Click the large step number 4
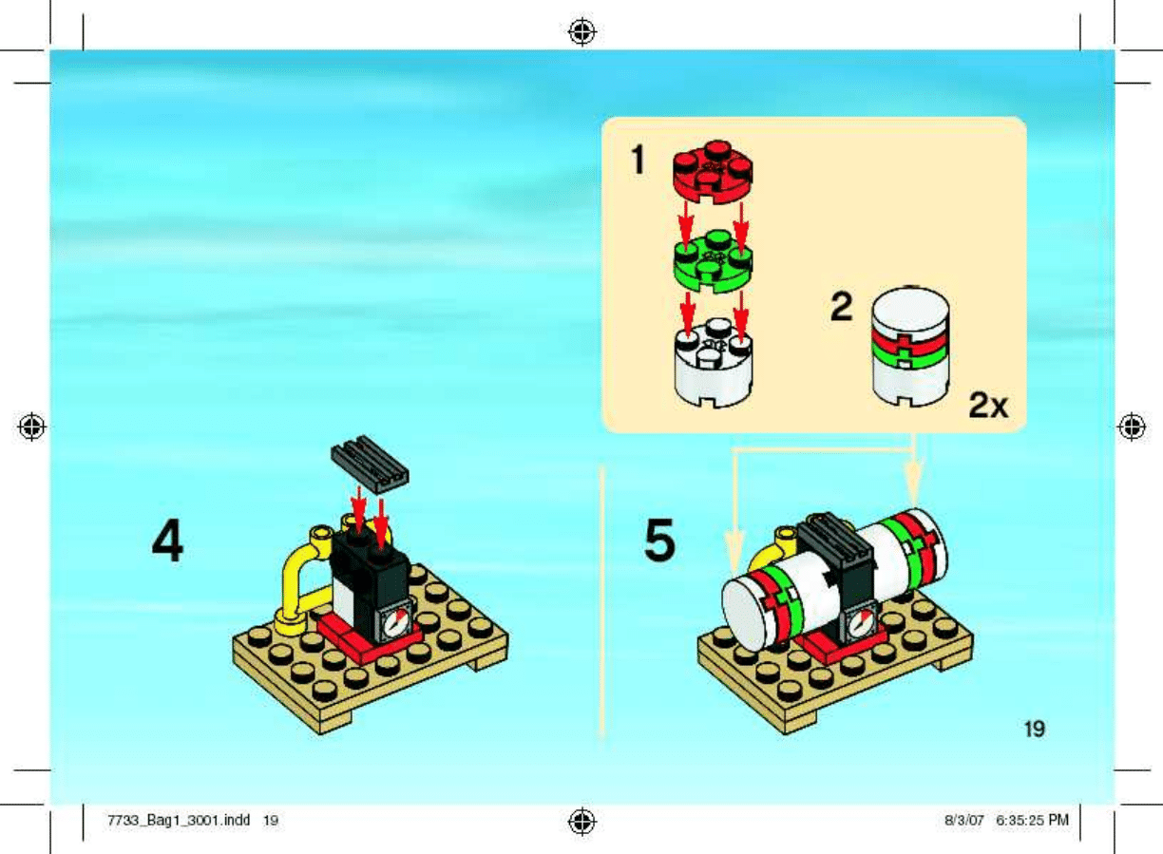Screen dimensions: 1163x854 pyautogui.click(x=167, y=541)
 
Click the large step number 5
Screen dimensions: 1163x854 pyautogui.click(x=659, y=541)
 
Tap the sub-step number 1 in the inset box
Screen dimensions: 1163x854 pyautogui.click(x=639, y=160)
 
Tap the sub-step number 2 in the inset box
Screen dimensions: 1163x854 pyautogui.click(x=842, y=307)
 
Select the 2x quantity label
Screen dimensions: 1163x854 pyautogui.click(x=988, y=406)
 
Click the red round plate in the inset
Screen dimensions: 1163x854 pyautogui.click(x=713, y=171)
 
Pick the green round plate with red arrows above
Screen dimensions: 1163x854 pyautogui.click(x=713, y=261)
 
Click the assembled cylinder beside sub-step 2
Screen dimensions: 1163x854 pyautogui.click(x=911, y=347)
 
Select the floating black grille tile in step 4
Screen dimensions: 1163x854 pyautogui.click(x=370, y=465)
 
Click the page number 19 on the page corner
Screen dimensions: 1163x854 pyautogui.click(x=1034, y=730)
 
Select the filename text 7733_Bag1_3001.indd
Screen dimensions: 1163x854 pyautogui.click(x=179, y=820)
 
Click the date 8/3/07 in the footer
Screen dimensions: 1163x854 pyautogui.click(x=964, y=820)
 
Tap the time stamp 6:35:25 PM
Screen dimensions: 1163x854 pyautogui.click(x=1032, y=820)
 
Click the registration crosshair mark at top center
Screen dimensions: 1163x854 pyautogui.click(x=582, y=32)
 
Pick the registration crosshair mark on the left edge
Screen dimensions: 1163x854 pyautogui.click(x=31, y=427)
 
